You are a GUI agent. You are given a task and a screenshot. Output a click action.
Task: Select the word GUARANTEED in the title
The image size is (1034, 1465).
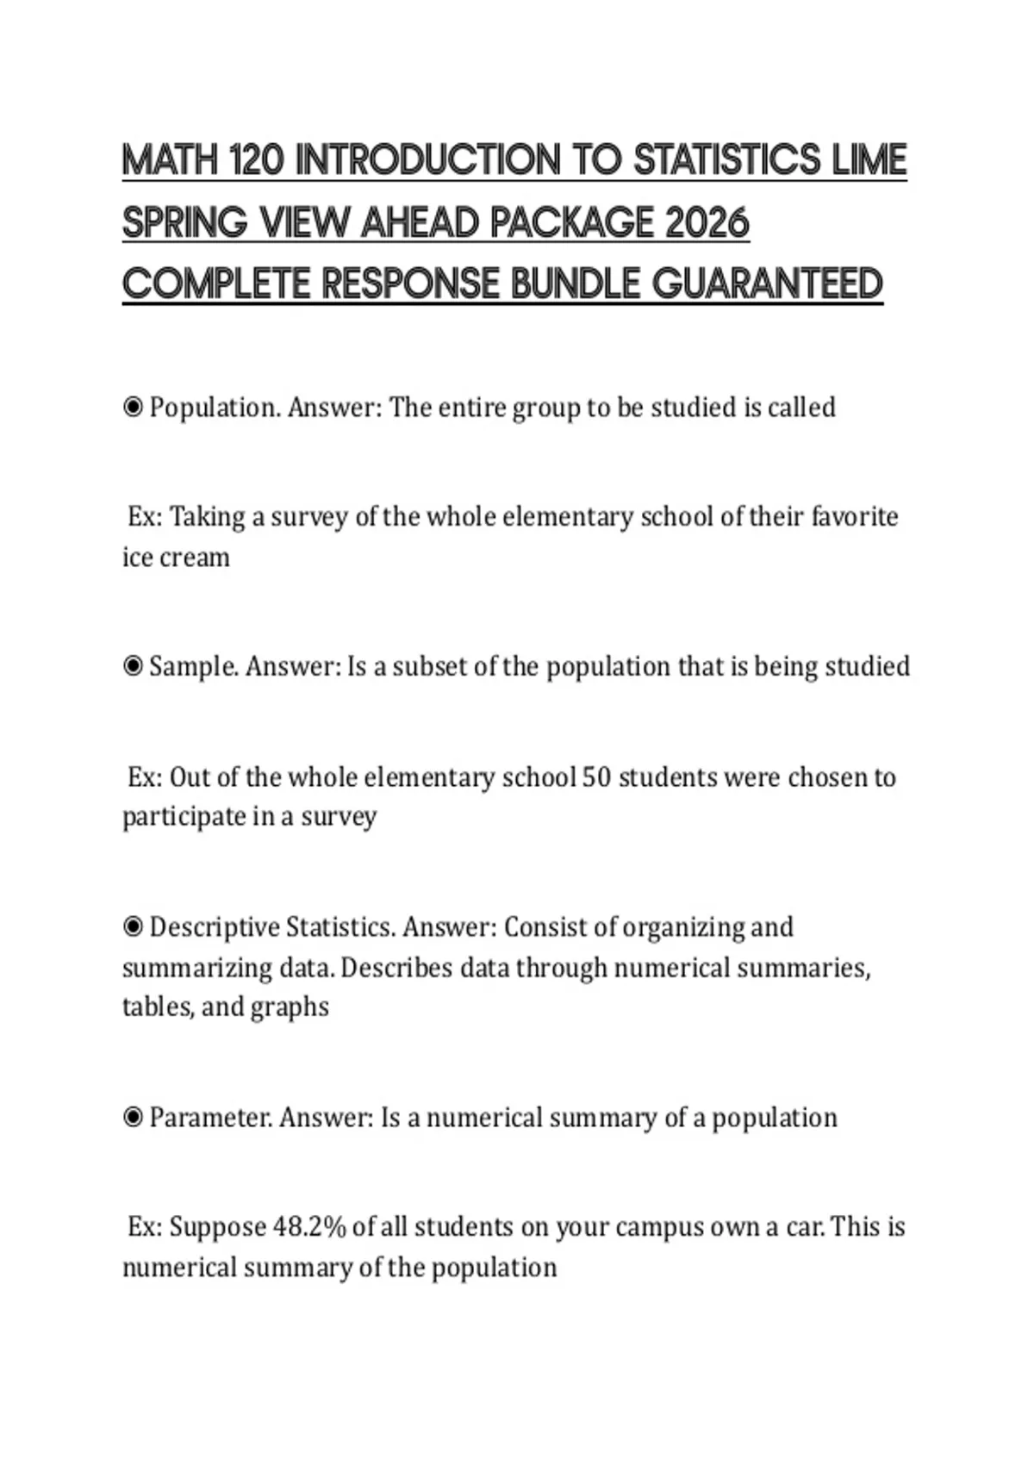[x=768, y=284]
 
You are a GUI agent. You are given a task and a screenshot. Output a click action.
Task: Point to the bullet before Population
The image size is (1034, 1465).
[x=133, y=407]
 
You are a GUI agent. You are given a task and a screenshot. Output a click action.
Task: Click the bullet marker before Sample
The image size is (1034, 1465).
[x=133, y=666]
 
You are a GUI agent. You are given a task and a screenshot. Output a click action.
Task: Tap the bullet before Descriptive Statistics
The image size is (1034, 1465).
[x=133, y=927]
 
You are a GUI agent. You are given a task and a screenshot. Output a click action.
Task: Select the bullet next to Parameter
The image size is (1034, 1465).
[x=133, y=1118]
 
